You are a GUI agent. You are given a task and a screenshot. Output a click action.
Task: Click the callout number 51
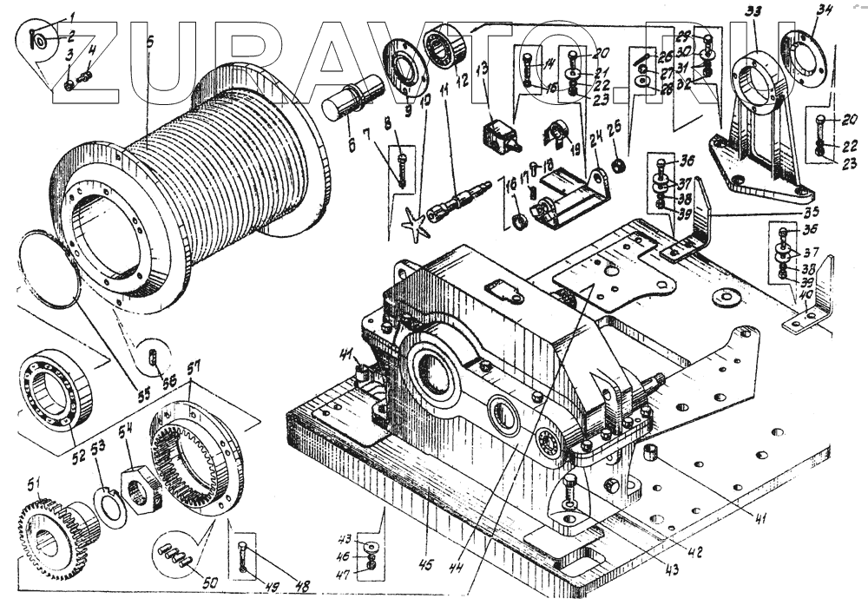coord(34,484)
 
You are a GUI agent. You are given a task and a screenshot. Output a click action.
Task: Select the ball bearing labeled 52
coord(53,385)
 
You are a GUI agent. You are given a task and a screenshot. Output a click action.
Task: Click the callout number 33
coord(753,12)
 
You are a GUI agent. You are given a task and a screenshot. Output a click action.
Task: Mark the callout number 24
coord(594,141)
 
